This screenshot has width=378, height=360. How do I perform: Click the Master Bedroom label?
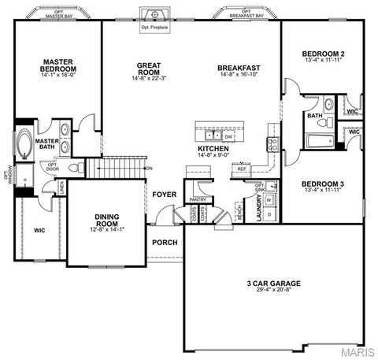tap(59, 65)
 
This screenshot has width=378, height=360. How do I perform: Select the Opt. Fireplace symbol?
tap(155, 15)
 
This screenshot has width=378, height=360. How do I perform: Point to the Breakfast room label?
tap(239, 69)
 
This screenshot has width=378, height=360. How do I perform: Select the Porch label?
tap(164, 242)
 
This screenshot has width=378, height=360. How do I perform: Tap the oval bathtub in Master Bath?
tap(24, 145)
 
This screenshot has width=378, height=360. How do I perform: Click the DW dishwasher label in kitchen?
tap(217, 136)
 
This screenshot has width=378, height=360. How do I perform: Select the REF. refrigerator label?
tap(242, 169)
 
